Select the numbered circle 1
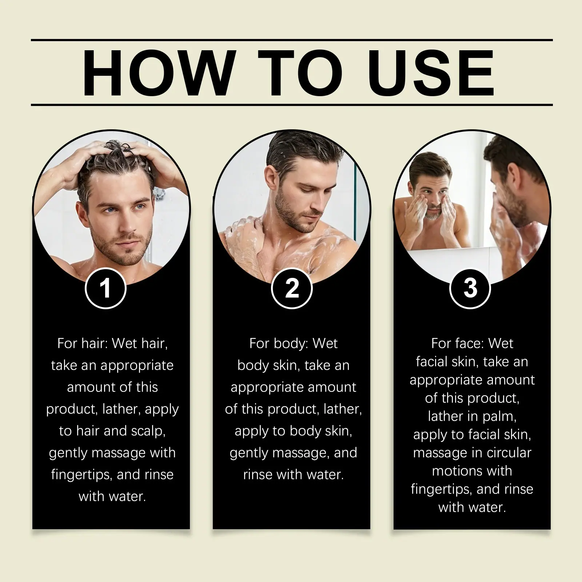(x=105, y=288)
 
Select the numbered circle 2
(x=292, y=288)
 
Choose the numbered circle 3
(x=470, y=288)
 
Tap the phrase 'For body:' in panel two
(x=278, y=343)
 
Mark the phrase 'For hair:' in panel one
(x=83, y=343)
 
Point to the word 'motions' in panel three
(x=456, y=471)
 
